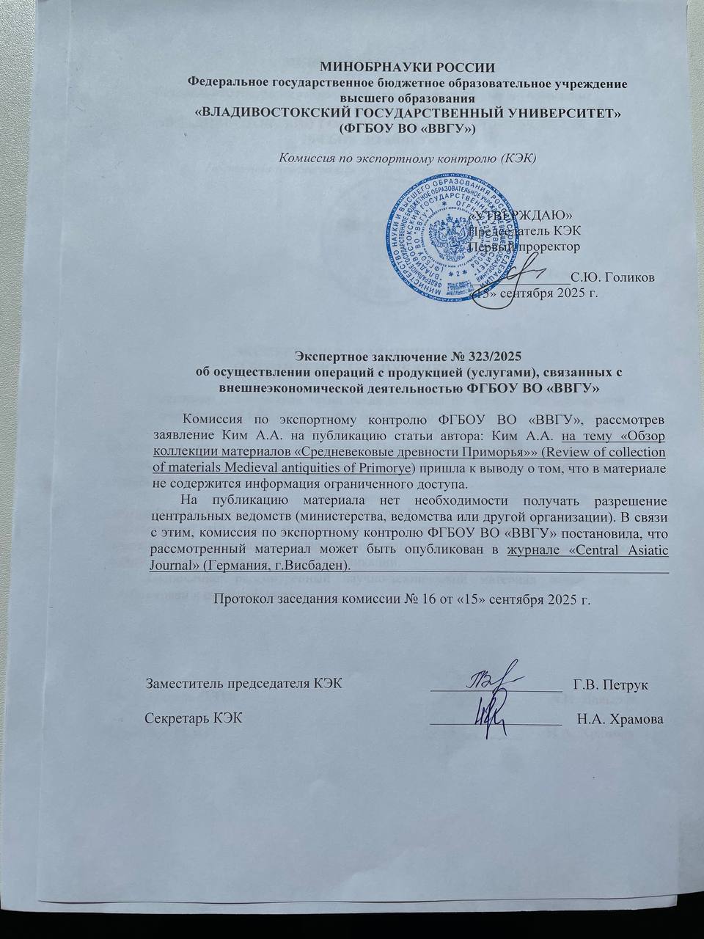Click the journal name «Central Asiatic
(x=609, y=549)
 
